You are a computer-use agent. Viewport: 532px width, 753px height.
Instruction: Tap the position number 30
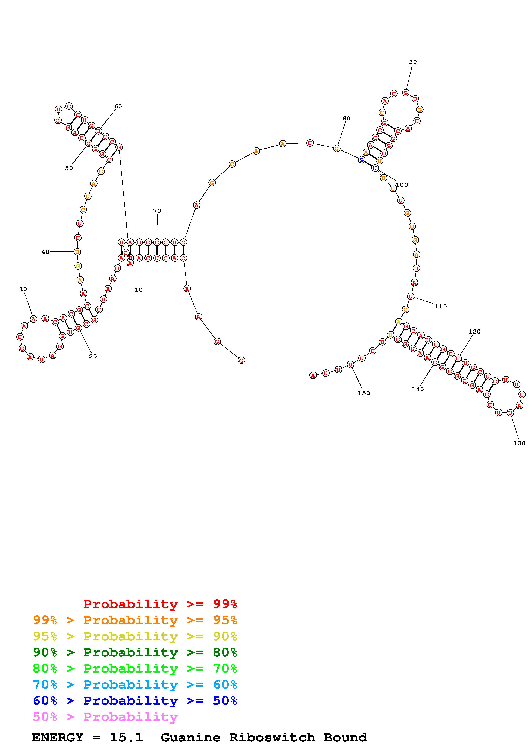(x=23, y=289)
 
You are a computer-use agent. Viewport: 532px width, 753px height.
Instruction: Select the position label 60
(x=118, y=106)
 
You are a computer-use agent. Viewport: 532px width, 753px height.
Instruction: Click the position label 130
(x=519, y=443)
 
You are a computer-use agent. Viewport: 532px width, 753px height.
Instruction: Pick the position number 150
(x=364, y=393)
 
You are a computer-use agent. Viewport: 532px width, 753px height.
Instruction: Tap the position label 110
(x=441, y=306)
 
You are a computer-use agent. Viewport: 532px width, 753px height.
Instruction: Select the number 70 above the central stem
(x=157, y=211)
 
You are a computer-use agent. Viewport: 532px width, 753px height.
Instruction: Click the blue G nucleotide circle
(x=361, y=160)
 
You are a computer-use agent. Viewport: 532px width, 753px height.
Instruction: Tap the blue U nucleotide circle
(x=375, y=168)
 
